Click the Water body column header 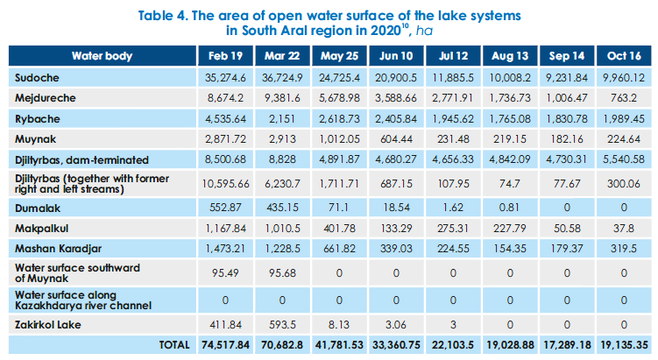[102, 56]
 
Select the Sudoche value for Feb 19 [225, 79]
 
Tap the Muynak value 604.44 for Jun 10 [395, 139]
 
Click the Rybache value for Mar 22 [282, 119]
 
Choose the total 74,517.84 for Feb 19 [225, 344]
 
